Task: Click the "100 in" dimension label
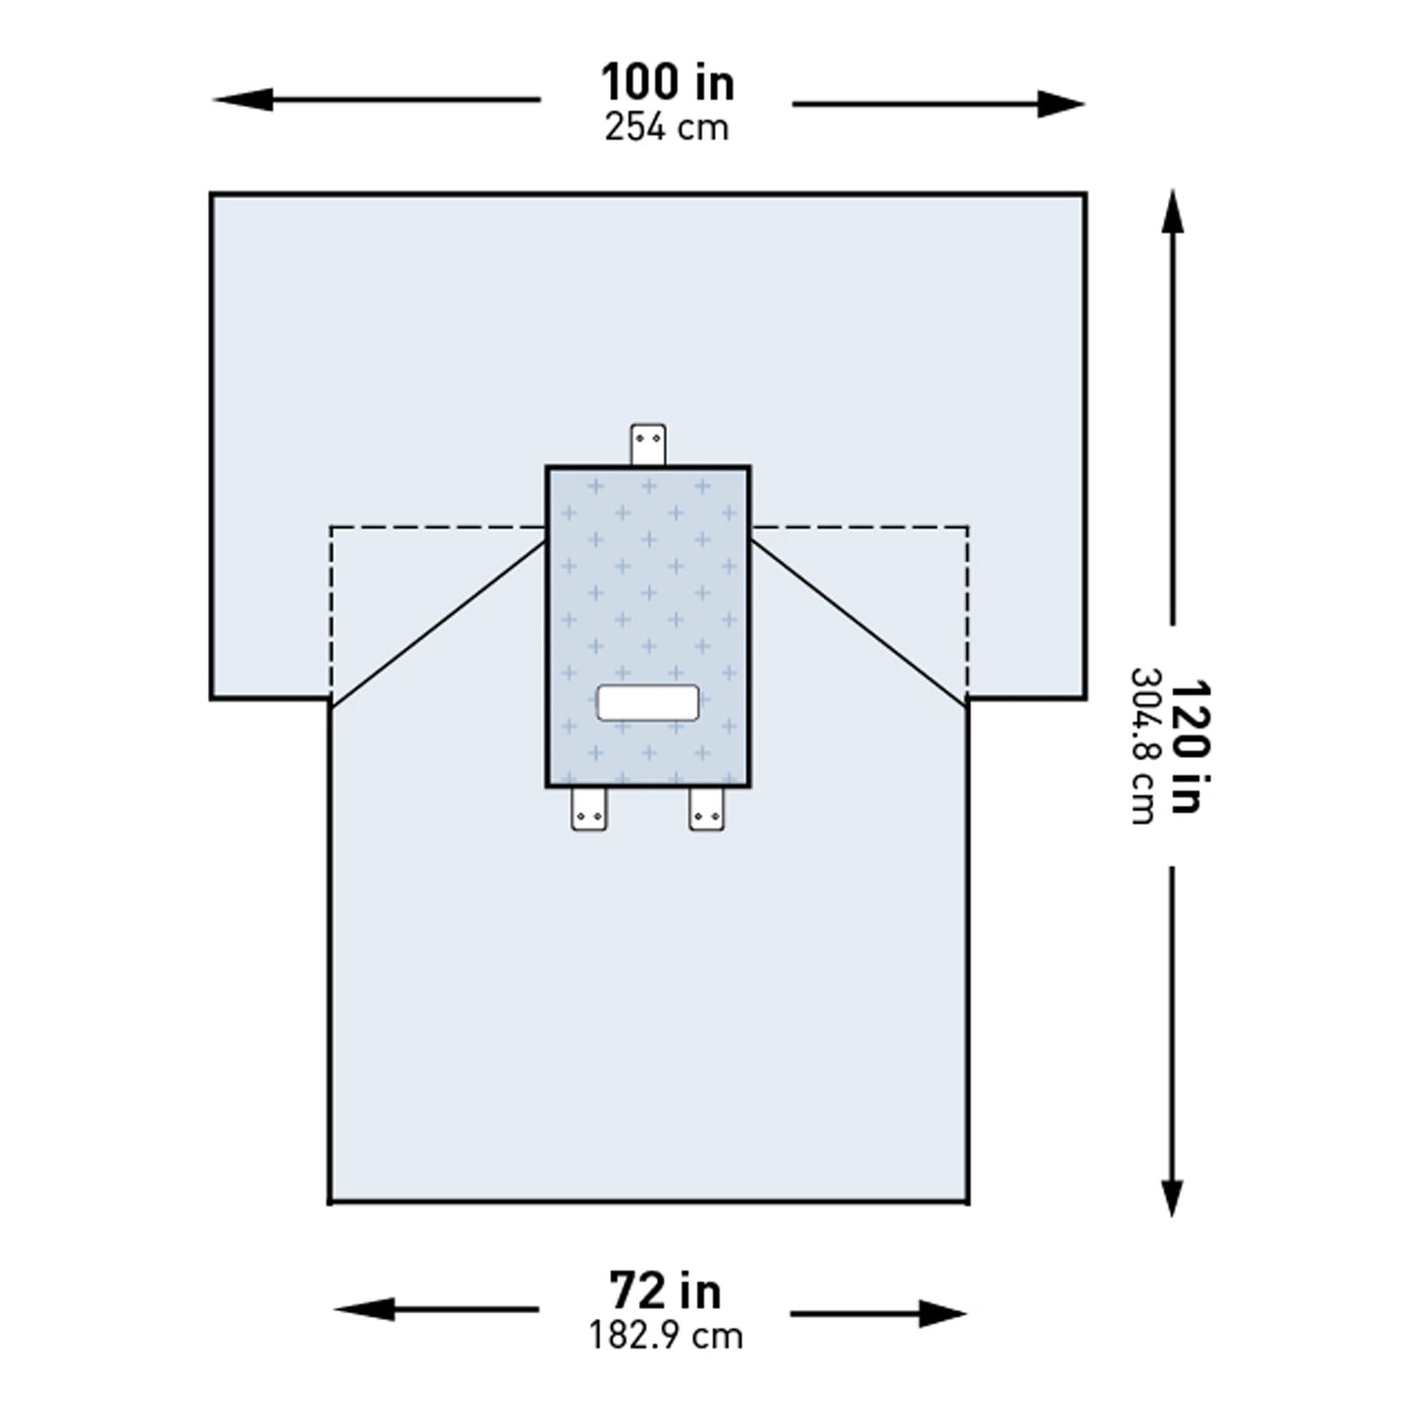click(x=667, y=83)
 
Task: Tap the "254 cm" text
click(x=667, y=127)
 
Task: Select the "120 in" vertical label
click(x=1185, y=747)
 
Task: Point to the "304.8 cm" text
click(x=1143, y=747)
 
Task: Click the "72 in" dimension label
click(x=665, y=1291)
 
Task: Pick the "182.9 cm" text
click(x=665, y=1336)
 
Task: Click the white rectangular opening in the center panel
click(x=648, y=703)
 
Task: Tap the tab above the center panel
click(x=648, y=444)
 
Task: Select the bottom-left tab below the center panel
click(x=589, y=809)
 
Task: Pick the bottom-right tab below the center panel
click(x=706, y=809)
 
